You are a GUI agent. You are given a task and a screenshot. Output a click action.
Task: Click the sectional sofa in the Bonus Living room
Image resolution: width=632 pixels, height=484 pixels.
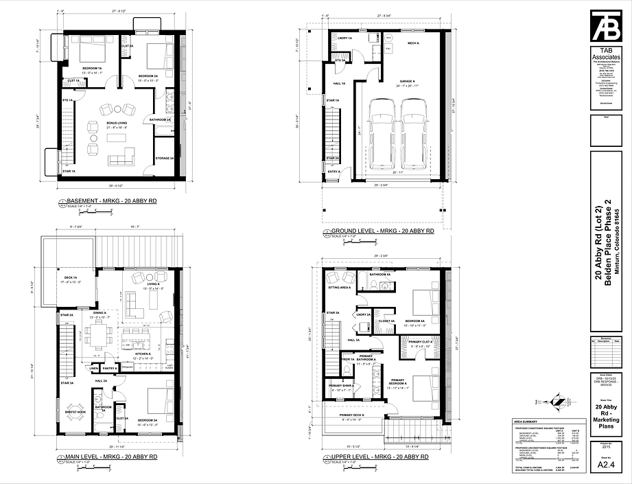click(121, 157)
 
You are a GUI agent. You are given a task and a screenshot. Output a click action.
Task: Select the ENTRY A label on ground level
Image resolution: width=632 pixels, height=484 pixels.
click(333, 172)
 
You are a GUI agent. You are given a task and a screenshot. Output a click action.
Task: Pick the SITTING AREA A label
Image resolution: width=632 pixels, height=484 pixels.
click(340, 288)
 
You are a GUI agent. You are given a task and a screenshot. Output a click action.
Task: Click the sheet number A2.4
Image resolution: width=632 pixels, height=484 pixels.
click(606, 465)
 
